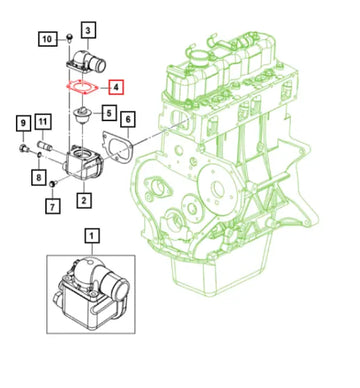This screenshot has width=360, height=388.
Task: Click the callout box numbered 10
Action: [47, 39]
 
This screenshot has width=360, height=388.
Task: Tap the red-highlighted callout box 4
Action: [117, 88]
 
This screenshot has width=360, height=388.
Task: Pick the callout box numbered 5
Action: [108, 114]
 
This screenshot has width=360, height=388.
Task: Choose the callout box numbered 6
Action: [127, 121]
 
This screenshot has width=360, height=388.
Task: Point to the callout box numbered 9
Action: [22, 123]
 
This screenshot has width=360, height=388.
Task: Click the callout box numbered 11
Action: [43, 123]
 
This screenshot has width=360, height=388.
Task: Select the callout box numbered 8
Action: [37, 178]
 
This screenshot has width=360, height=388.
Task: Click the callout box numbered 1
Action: [93, 237]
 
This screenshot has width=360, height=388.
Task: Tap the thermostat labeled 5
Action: [79, 119]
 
